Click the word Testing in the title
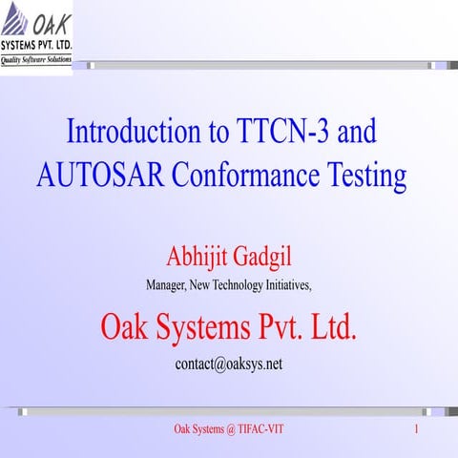click(366, 176)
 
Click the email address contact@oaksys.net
click(229, 364)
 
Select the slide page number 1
click(417, 430)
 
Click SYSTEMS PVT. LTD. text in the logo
click(36, 45)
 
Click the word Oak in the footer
click(181, 430)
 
